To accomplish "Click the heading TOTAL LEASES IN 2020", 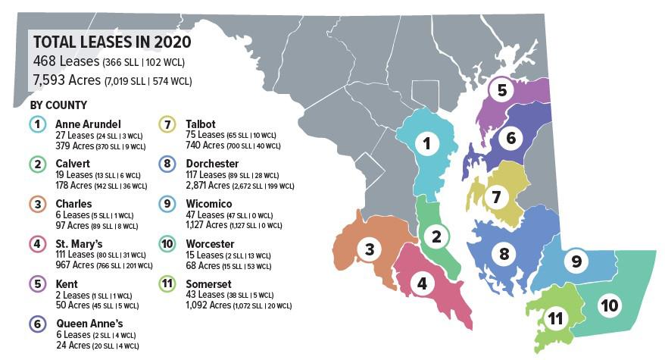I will (x=111, y=42).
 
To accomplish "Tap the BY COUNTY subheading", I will (x=58, y=105).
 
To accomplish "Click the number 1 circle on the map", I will (x=427, y=143).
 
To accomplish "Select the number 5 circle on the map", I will (x=501, y=90).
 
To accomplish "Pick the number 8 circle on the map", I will (x=504, y=254).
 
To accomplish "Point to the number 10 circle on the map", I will (x=609, y=306).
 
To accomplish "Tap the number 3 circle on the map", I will (x=369, y=249).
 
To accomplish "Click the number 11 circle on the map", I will (x=556, y=318).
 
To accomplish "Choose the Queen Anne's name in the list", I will (x=89, y=324).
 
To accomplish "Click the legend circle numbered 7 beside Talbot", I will (x=167, y=124).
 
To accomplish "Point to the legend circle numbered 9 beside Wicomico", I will (x=167, y=204).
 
